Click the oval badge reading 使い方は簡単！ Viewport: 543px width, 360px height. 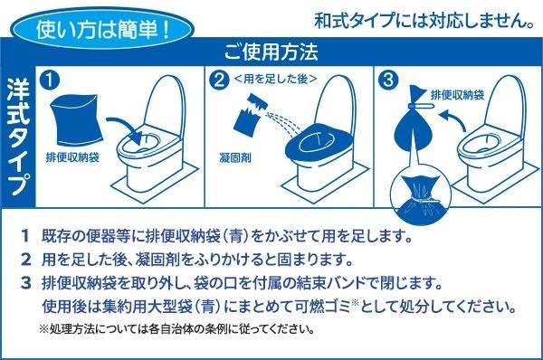pos(101,28)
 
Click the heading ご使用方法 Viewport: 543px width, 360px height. pos(271,52)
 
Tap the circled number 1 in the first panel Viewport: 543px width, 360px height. pos(50,80)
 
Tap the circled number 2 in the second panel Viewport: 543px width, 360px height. pos(220,81)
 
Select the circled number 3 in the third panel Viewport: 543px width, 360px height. pos(388,81)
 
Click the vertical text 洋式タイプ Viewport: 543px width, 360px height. pos(18,137)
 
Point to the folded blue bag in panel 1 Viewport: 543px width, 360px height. pos(75,119)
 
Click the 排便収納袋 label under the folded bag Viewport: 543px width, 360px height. pos(72,157)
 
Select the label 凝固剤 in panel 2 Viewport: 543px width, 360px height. pos(234,158)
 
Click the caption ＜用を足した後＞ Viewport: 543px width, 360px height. pos(276,80)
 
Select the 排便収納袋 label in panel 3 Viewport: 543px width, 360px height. pos(457,95)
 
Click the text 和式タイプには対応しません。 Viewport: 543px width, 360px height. pos(424,21)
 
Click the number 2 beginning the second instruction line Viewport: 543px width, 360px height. pos(26,260)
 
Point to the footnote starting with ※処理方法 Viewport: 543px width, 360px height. pos(176,328)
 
